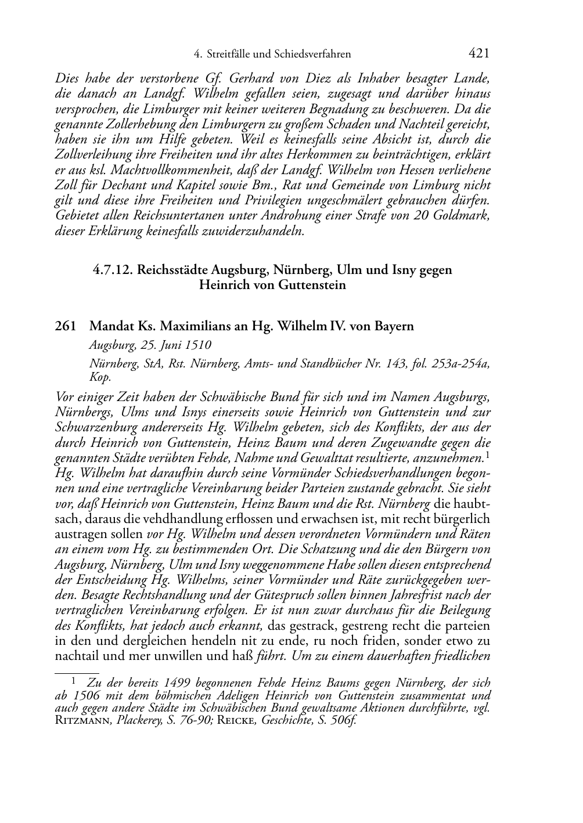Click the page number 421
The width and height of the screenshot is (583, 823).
[478, 54]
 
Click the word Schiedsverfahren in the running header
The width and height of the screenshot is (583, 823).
[314, 55]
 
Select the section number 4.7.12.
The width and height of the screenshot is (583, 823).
[112, 270]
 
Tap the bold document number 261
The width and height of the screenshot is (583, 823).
[64, 326]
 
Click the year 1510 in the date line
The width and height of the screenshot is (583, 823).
[198, 345]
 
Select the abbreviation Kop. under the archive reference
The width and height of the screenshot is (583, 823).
[100, 377]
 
